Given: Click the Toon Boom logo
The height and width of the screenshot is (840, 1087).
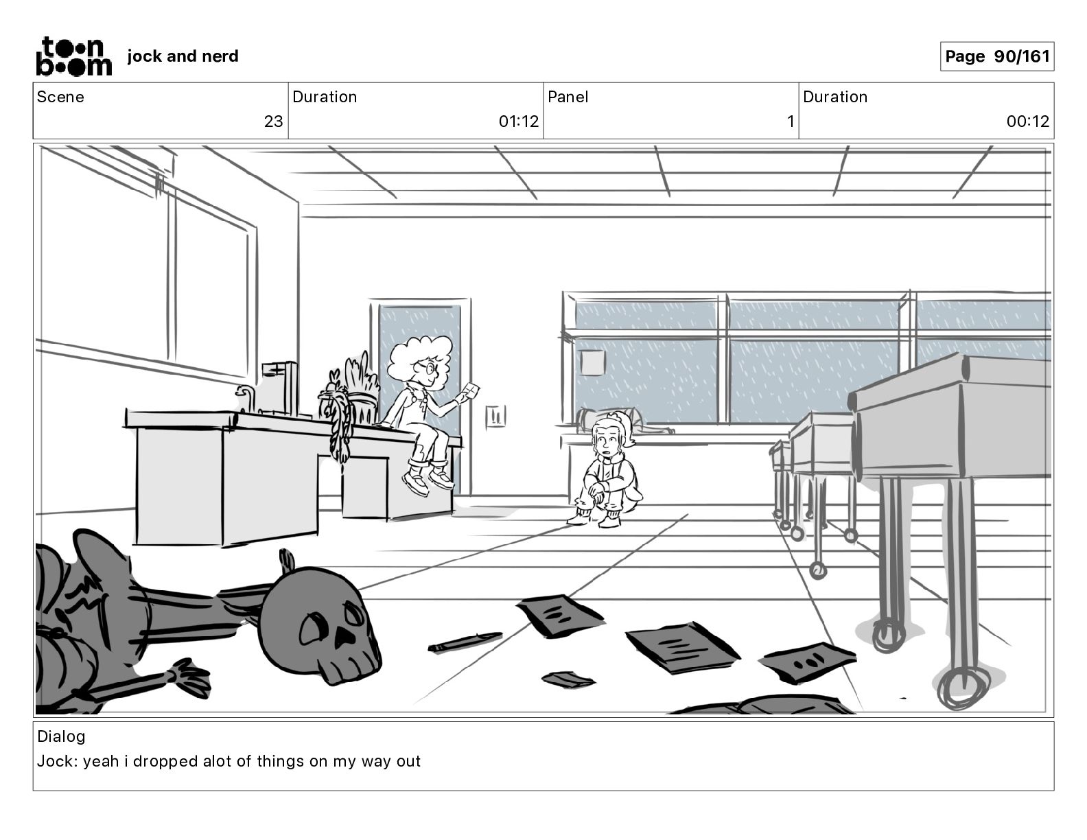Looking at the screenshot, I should pyautogui.click(x=73, y=56).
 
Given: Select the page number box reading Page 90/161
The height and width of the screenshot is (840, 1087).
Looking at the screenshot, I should pyautogui.click(x=996, y=56).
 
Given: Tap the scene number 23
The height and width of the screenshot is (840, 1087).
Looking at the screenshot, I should pyautogui.click(x=273, y=121).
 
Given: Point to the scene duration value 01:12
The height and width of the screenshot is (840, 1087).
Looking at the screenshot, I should pyautogui.click(x=518, y=121).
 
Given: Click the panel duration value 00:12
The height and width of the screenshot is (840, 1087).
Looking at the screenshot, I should pyautogui.click(x=1027, y=121).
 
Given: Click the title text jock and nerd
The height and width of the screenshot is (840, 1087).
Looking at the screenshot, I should pyautogui.click(x=183, y=56).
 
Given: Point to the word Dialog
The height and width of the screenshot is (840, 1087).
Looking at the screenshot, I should pyautogui.click(x=61, y=736).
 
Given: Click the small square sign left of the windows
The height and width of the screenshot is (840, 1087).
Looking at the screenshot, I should pyautogui.click(x=592, y=362).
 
